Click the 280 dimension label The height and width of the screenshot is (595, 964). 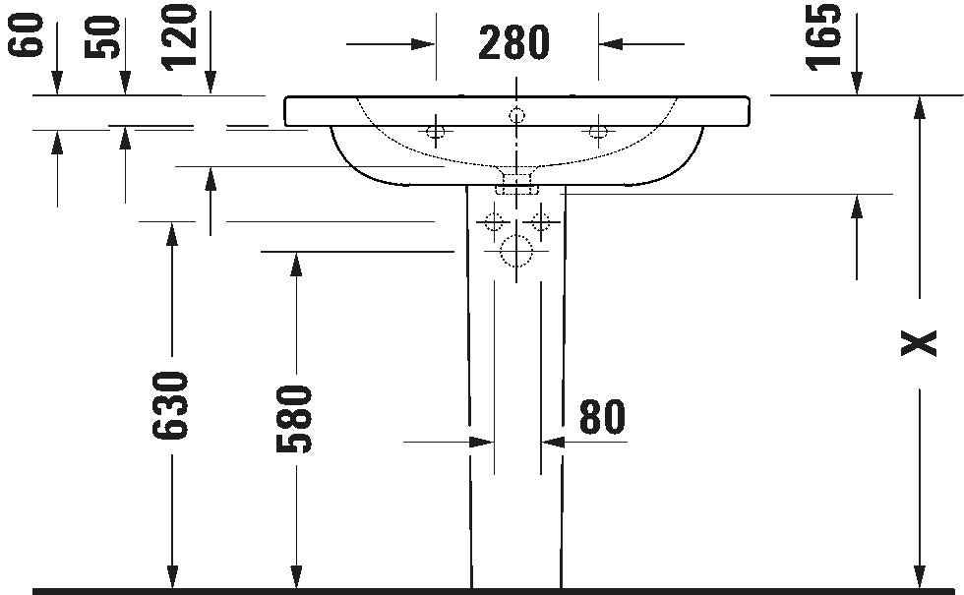tap(513, 43)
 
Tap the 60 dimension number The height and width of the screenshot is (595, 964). tap(28, 35)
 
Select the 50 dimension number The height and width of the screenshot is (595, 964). tap(102, 37)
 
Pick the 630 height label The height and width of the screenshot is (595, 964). tap(169, 405)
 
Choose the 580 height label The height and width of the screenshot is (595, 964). tap(294, 419)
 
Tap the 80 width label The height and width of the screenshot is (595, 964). tap(602, 417)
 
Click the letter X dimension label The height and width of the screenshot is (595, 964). tap(919, 343)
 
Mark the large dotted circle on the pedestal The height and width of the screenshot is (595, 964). tap(516, 236)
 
